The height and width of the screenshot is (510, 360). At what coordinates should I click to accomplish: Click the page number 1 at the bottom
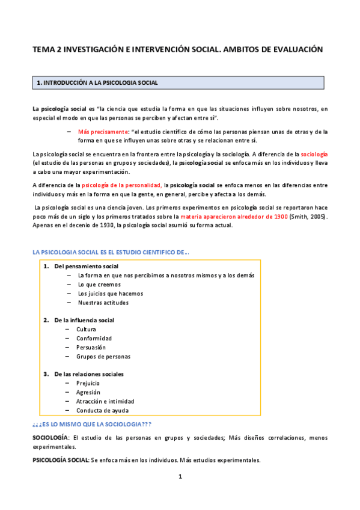[x=180, y=477]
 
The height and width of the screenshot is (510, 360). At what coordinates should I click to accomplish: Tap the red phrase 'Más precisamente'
[x=102, y=131]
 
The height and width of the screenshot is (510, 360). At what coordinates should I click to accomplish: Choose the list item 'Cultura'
[x=86, y=330]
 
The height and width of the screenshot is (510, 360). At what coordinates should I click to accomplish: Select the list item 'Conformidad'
[x=94, y=339]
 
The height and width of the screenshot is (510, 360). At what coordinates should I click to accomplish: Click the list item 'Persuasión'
[x=91, y=347]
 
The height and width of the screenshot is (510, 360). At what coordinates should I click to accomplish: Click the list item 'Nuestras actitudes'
[x=102, y=303]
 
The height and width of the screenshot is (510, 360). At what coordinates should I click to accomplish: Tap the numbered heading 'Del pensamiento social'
[x=86, y=266]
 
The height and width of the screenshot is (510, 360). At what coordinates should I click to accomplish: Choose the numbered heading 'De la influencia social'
[x=84, y=321]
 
